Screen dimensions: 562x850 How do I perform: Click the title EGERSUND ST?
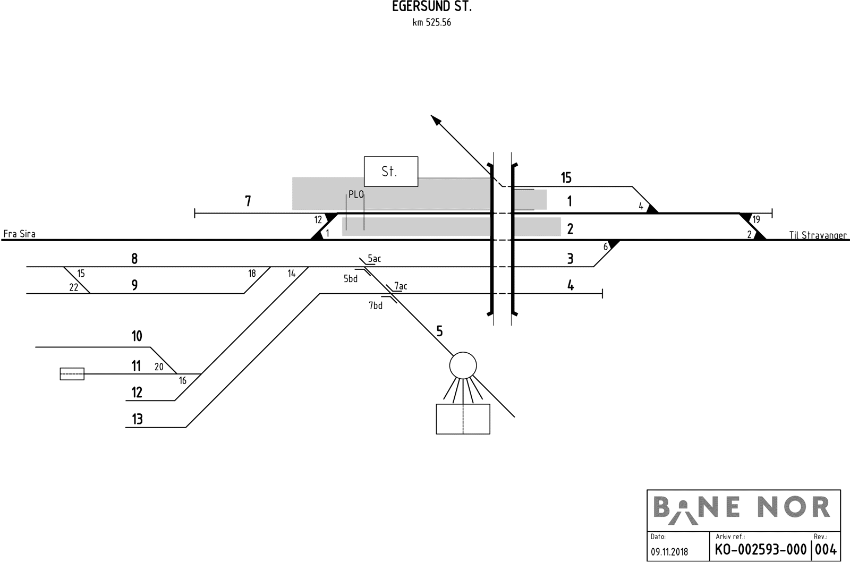pyautogui.click(x=431, y=7)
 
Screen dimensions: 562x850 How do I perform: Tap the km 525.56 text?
pyautogui.click(x=431, y=23)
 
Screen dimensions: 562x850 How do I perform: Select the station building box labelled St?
pyautogui.click(x=390, y=171)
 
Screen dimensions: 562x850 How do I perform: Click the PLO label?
pyautogui.click(x=356, y=194)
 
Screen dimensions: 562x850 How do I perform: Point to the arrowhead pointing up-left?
pyautogui.click(x=436, y=121)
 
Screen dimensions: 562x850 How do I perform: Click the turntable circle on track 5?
pyautogui.click(x=463, y=365)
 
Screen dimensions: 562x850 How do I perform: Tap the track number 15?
pyautogui.click(x=566, y=178)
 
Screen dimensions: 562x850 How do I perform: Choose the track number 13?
pyautogui.click(x=137, y=420)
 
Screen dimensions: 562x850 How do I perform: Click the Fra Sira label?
pyautogui.click(x=20, y=234)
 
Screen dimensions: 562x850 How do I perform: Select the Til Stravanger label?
pyautogui.click(x=818, y=235)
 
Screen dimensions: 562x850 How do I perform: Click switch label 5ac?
pyautogui.click(x=374, y=259)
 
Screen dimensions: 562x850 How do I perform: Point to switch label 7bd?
pyautogui.click(x=376, y=305)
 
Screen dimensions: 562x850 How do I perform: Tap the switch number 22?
pyautogui.click(x=74, y=287)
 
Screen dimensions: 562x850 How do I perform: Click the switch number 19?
pyautogui.click(x=756, y=219)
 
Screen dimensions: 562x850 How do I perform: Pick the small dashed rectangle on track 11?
pyautogui.click(x=72, y=374)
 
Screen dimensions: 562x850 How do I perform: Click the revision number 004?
pyautogui.click(x=826, y=549)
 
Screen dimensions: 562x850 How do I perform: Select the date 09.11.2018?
pyautogui.click(x=669, y=552)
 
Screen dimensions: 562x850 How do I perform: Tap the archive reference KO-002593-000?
pyautogui.click(x=760, y=549)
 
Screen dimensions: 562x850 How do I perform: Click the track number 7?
pyautogui.click(x=248, y=201)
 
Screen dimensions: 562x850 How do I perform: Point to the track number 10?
pyautogui.click(x=137, y=336)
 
